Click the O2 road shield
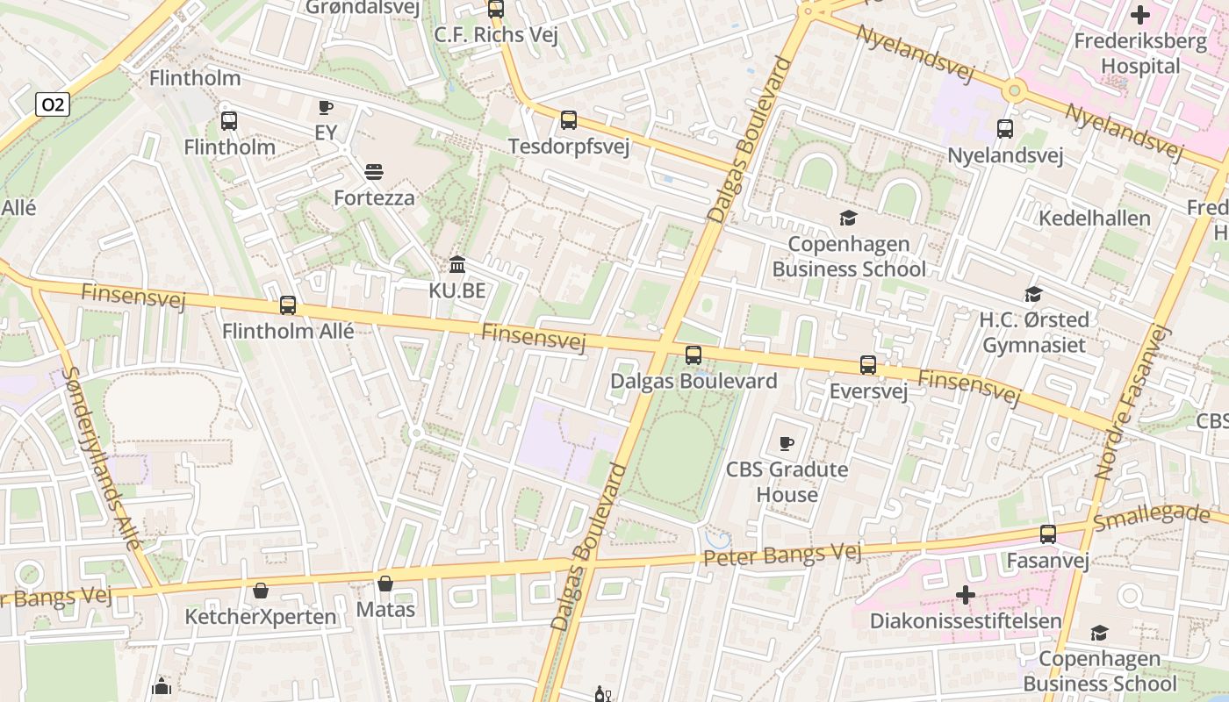pos(53,105)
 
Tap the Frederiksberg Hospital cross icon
pos(1139,15)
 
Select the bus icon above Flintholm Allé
pos(288,305)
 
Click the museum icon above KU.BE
pos(457,264)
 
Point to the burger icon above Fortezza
pos(374,171)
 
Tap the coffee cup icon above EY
pos(325,108)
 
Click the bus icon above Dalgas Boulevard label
pos(694,355)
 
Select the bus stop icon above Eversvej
pos(868,365)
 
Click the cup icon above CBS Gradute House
pos(787,443)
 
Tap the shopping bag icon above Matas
pos(385,584)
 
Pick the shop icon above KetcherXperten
pos(261,591)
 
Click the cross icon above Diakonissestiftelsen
pos(966,596)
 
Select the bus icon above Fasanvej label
pos(1048,534)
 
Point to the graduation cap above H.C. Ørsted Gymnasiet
pos(1034,294)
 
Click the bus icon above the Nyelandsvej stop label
pos(1005,129)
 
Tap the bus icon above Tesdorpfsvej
pos(569,120)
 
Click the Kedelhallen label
pos(1094,218)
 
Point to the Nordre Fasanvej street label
pos(1133,402)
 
